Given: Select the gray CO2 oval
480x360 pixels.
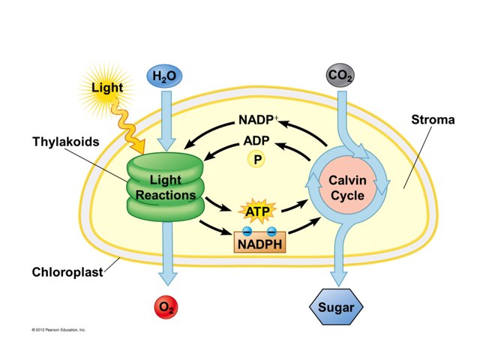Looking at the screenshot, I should [340, 76].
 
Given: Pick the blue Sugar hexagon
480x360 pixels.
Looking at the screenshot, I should [337, 307].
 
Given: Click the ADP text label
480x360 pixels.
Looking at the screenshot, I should [256, 141].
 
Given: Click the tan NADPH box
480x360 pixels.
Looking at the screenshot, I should [260, 243].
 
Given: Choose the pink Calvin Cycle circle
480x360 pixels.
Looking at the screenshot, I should [346, 188].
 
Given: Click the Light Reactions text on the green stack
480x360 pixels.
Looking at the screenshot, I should [165, 188].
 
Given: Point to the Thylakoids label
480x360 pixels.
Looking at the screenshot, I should [65, 141].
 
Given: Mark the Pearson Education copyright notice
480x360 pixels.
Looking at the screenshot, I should [59, 329].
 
